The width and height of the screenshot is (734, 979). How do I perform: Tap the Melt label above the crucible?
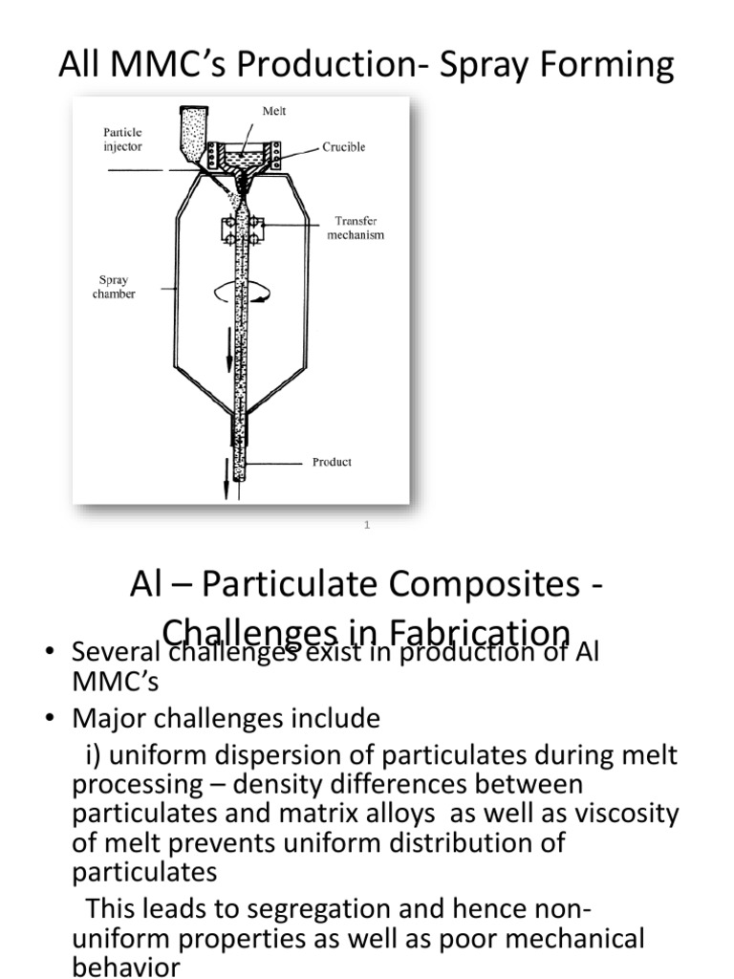point(274,112)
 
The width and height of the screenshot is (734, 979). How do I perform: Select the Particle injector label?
point(122,140)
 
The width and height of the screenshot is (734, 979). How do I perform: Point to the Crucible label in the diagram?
point(344,147)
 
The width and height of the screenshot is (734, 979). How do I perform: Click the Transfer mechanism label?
point(356,228)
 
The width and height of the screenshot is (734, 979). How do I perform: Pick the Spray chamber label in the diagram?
point(114,287)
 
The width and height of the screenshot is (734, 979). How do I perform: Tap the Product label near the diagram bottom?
point(332,462)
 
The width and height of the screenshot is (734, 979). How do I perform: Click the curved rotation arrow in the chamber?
point(250,292)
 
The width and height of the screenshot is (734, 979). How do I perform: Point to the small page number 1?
point(367,525)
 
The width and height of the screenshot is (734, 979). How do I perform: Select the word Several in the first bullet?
point(111,653)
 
